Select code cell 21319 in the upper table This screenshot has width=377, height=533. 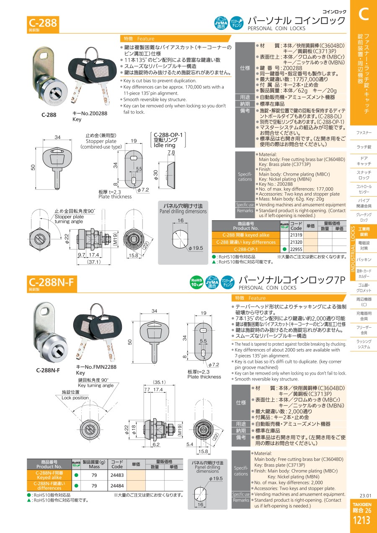click(x=296, y=235)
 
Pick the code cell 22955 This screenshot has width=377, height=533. click(x=296, y=249)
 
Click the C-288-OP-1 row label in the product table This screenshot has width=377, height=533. click(x=246, y=249)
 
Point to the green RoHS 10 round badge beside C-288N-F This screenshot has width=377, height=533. click(x=196, y=282)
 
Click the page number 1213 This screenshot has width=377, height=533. click(x=362, y=520)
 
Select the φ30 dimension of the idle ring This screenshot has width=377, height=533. click(x=155, y=175)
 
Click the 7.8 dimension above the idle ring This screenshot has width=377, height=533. click(x=171, y=152)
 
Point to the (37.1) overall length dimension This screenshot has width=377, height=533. click(x=94, y=262)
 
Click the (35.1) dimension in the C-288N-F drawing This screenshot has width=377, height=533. click(x=159, y=383)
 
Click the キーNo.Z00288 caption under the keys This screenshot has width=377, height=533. click(x=90, y=114)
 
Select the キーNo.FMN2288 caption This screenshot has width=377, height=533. click(x=96, y=367)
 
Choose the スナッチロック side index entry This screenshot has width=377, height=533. click(x=364, y=175)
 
